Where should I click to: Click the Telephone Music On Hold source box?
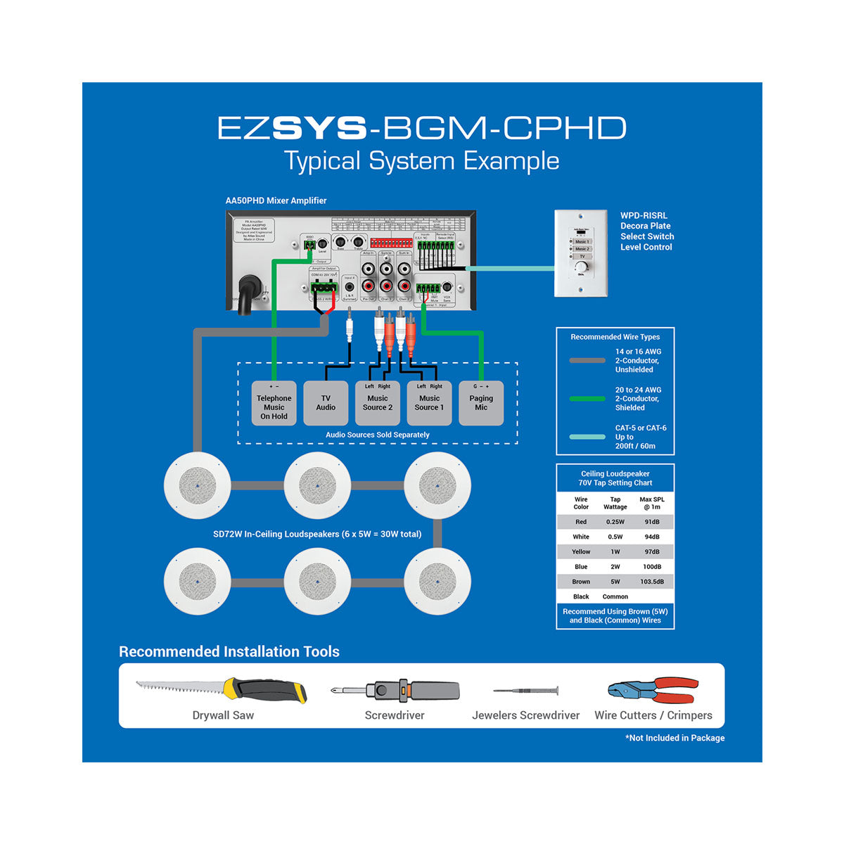click(274, 404)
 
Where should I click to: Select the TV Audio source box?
click(326, 404)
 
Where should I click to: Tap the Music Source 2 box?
click(378, 404)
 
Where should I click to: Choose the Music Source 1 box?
click(429, 404)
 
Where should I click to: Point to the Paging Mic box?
click(481, 404)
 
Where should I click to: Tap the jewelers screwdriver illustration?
click(525, 691)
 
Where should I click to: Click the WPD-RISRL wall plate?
click(581, 253)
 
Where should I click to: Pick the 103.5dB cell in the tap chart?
click(652, 582)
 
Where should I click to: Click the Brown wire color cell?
click(581, 582)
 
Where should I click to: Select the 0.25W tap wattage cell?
click(615, 522)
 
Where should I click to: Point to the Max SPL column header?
click(652, 503)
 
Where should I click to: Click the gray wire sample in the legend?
click(587, 360)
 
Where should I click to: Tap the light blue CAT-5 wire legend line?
click(587, 437)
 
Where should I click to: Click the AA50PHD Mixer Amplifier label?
click(276, 200)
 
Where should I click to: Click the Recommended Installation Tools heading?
click(229, 651)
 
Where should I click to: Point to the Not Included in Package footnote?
click(674, 738)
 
